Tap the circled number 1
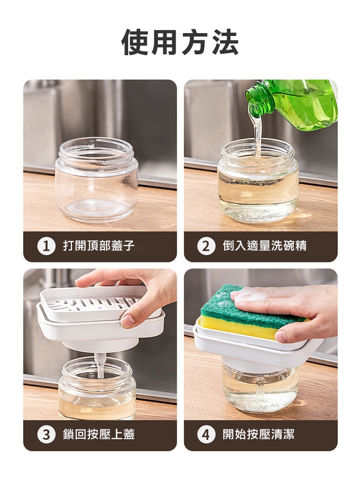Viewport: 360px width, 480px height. [46, 246]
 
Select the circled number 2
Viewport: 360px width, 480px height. [206, 246]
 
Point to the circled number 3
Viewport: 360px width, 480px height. [46, 434]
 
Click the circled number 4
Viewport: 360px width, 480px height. [206, 434]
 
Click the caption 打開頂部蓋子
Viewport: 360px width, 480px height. [98, 246]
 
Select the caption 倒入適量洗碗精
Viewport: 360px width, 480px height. [264, 246]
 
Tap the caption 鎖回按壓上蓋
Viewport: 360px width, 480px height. [98, 434]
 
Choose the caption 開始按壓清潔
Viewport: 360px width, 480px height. [258, 434]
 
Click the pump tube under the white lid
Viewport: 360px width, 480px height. [100, 365]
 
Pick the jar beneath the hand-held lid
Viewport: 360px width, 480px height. [97, 388]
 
